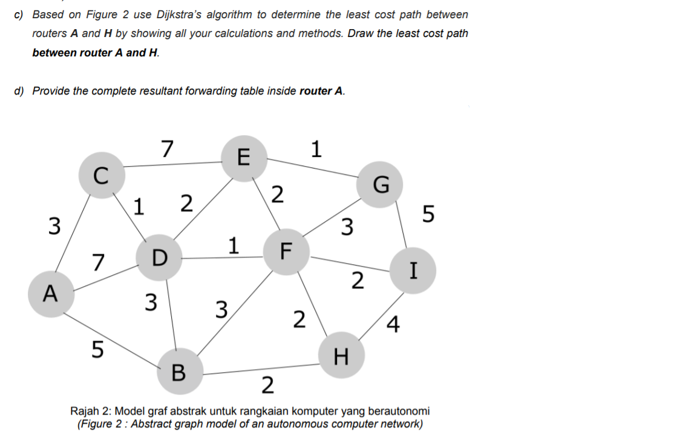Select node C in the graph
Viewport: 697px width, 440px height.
coord(101,175)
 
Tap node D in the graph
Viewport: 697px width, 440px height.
coord(159,259)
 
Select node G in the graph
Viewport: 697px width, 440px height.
coord(379,185)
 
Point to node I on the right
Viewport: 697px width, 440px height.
coord(414,270)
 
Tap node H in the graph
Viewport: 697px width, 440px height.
coord(341,355)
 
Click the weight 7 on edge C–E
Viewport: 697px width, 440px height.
coord(167,147)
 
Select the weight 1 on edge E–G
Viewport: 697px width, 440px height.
coord(315,148)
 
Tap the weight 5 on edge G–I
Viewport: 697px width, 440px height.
coord(428,215)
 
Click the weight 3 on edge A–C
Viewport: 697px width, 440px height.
coord(54,226)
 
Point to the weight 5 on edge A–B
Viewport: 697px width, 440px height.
coord(97,348)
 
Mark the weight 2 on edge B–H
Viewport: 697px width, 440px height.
coord(267,384)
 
